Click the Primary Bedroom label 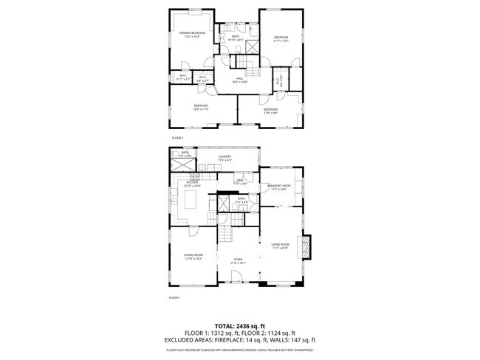tap(192, 34)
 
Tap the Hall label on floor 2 tap(240, 80)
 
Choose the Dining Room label tap(193, 257)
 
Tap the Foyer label tap(238, 260)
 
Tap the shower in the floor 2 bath tap(253, 46)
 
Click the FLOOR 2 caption tap(177, 138)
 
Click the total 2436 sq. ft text tap(239, 325)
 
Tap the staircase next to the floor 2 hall tap(253, 69)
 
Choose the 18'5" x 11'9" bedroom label tap(201, 108)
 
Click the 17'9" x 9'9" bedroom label tap(271, 111)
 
